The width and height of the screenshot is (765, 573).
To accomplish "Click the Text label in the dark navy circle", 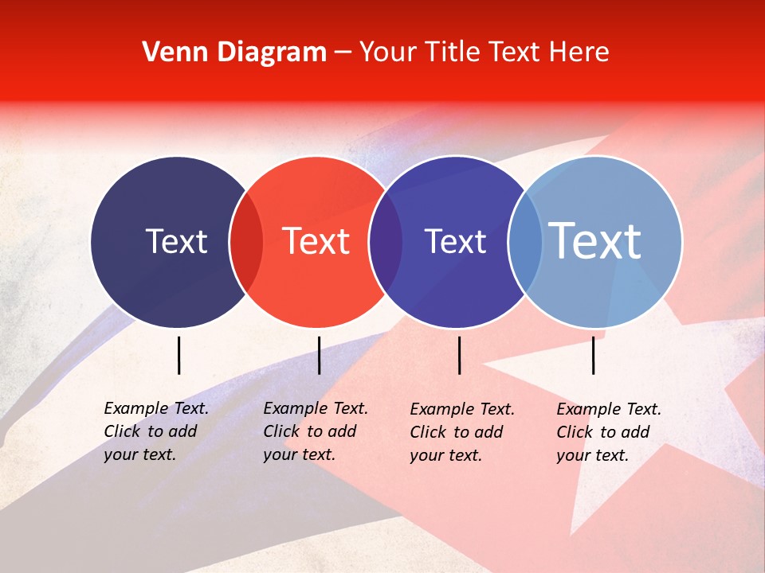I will point(176,242).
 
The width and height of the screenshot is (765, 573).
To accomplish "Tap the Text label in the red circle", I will point(316,242).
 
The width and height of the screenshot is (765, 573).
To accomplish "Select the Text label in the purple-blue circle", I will point(455,242).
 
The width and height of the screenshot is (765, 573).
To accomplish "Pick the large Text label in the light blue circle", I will point(595,241).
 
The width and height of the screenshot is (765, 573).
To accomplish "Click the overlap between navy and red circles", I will point(246,242).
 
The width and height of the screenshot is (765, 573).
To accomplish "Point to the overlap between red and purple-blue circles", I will point(386,242).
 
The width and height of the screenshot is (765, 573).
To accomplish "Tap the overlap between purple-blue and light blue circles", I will point(524,242).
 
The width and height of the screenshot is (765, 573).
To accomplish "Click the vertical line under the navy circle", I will point(178,355).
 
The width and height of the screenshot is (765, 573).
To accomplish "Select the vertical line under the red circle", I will point(319,355).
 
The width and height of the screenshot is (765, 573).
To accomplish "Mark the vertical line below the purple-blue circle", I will point(459,355).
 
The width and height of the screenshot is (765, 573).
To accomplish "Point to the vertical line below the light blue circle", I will point(593,355).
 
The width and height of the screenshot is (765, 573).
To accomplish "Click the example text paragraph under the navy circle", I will point(156,431).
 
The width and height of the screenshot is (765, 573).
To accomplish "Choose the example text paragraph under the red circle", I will point(316,431).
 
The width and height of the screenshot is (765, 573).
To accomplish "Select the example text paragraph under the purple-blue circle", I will point(462,432).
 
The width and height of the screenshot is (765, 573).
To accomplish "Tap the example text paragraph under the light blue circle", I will point(609,432).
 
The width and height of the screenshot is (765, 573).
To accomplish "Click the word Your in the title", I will point(388,53).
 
